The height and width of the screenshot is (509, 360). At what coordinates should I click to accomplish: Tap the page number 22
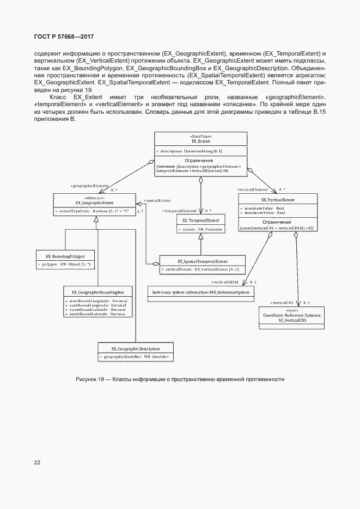[37, 462]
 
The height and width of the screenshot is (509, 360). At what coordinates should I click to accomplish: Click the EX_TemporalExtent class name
[200, 220]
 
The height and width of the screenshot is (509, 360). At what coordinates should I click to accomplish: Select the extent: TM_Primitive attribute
[200, 230]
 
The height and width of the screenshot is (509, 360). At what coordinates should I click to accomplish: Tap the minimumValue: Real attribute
[265, 208]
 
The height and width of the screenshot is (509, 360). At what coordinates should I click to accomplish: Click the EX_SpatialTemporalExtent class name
[203, 261]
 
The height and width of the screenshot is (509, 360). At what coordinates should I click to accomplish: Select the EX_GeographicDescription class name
[136, 348]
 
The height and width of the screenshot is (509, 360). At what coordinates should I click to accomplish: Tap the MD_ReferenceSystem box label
[201, 292]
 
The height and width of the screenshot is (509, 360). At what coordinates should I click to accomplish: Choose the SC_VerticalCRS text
[292, 321]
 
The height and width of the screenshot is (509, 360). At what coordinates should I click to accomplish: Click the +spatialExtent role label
[157, 201]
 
